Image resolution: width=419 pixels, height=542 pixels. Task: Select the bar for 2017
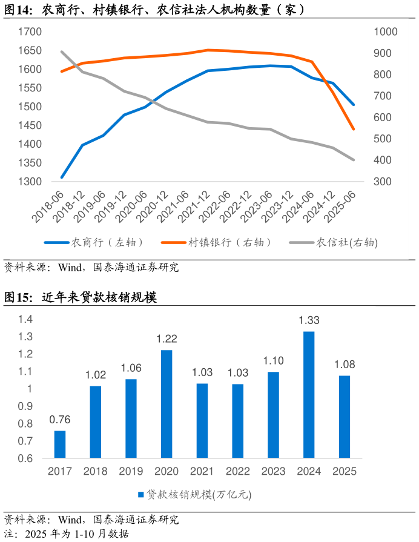pos(59,444)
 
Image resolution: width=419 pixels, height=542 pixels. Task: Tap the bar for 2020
pos(167,403)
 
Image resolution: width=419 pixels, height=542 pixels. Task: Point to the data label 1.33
pos(309,320)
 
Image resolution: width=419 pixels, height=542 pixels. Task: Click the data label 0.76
pos(59,419)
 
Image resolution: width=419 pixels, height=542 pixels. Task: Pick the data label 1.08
pos(345,365)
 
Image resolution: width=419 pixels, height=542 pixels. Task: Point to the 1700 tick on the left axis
pos(30,31)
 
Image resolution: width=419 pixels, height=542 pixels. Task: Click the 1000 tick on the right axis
pos(385,31)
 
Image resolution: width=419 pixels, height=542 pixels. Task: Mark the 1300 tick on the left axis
pos(30,182)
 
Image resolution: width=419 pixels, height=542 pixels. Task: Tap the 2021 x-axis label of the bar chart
pos(202,471)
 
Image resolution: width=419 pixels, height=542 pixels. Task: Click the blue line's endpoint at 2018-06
pos(62,177)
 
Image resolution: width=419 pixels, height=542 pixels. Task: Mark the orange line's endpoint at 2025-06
pos(354,129)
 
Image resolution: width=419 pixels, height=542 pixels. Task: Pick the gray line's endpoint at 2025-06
pos(354,160)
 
